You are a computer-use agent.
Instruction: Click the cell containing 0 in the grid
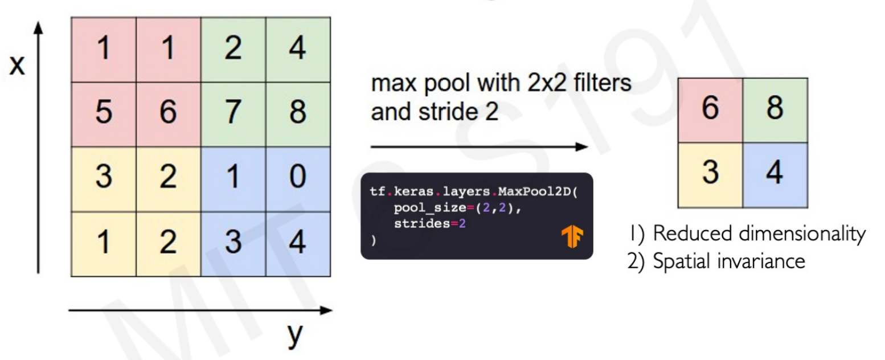pyautogui.click(x=298, y=179)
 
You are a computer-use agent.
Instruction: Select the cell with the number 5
pyautogui.click(x=104, y=114)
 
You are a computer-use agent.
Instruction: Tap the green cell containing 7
pyautogui.click(x=233, y=114)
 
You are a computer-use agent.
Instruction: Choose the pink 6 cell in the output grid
pyautogui.click(x=710, y=111)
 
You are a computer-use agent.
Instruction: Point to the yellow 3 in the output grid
pyautogui.click(x=710, y=175)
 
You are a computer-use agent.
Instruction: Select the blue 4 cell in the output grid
pyautogui.click(x=775, y=175)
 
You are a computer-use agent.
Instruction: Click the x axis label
pyautogui.click(x=17, y=65)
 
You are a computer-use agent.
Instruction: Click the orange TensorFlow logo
pyautogui.click(x=572, y=236)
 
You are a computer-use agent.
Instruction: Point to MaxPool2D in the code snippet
pyautogui.click(x=534, y=191)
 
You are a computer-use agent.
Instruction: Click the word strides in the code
pyautogui.click(x=422, y=224)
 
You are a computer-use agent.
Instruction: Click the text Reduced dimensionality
pyautogui.click(x=759, y=233)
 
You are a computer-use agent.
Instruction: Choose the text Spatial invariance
pyautogui.click(x=729, y=261)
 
